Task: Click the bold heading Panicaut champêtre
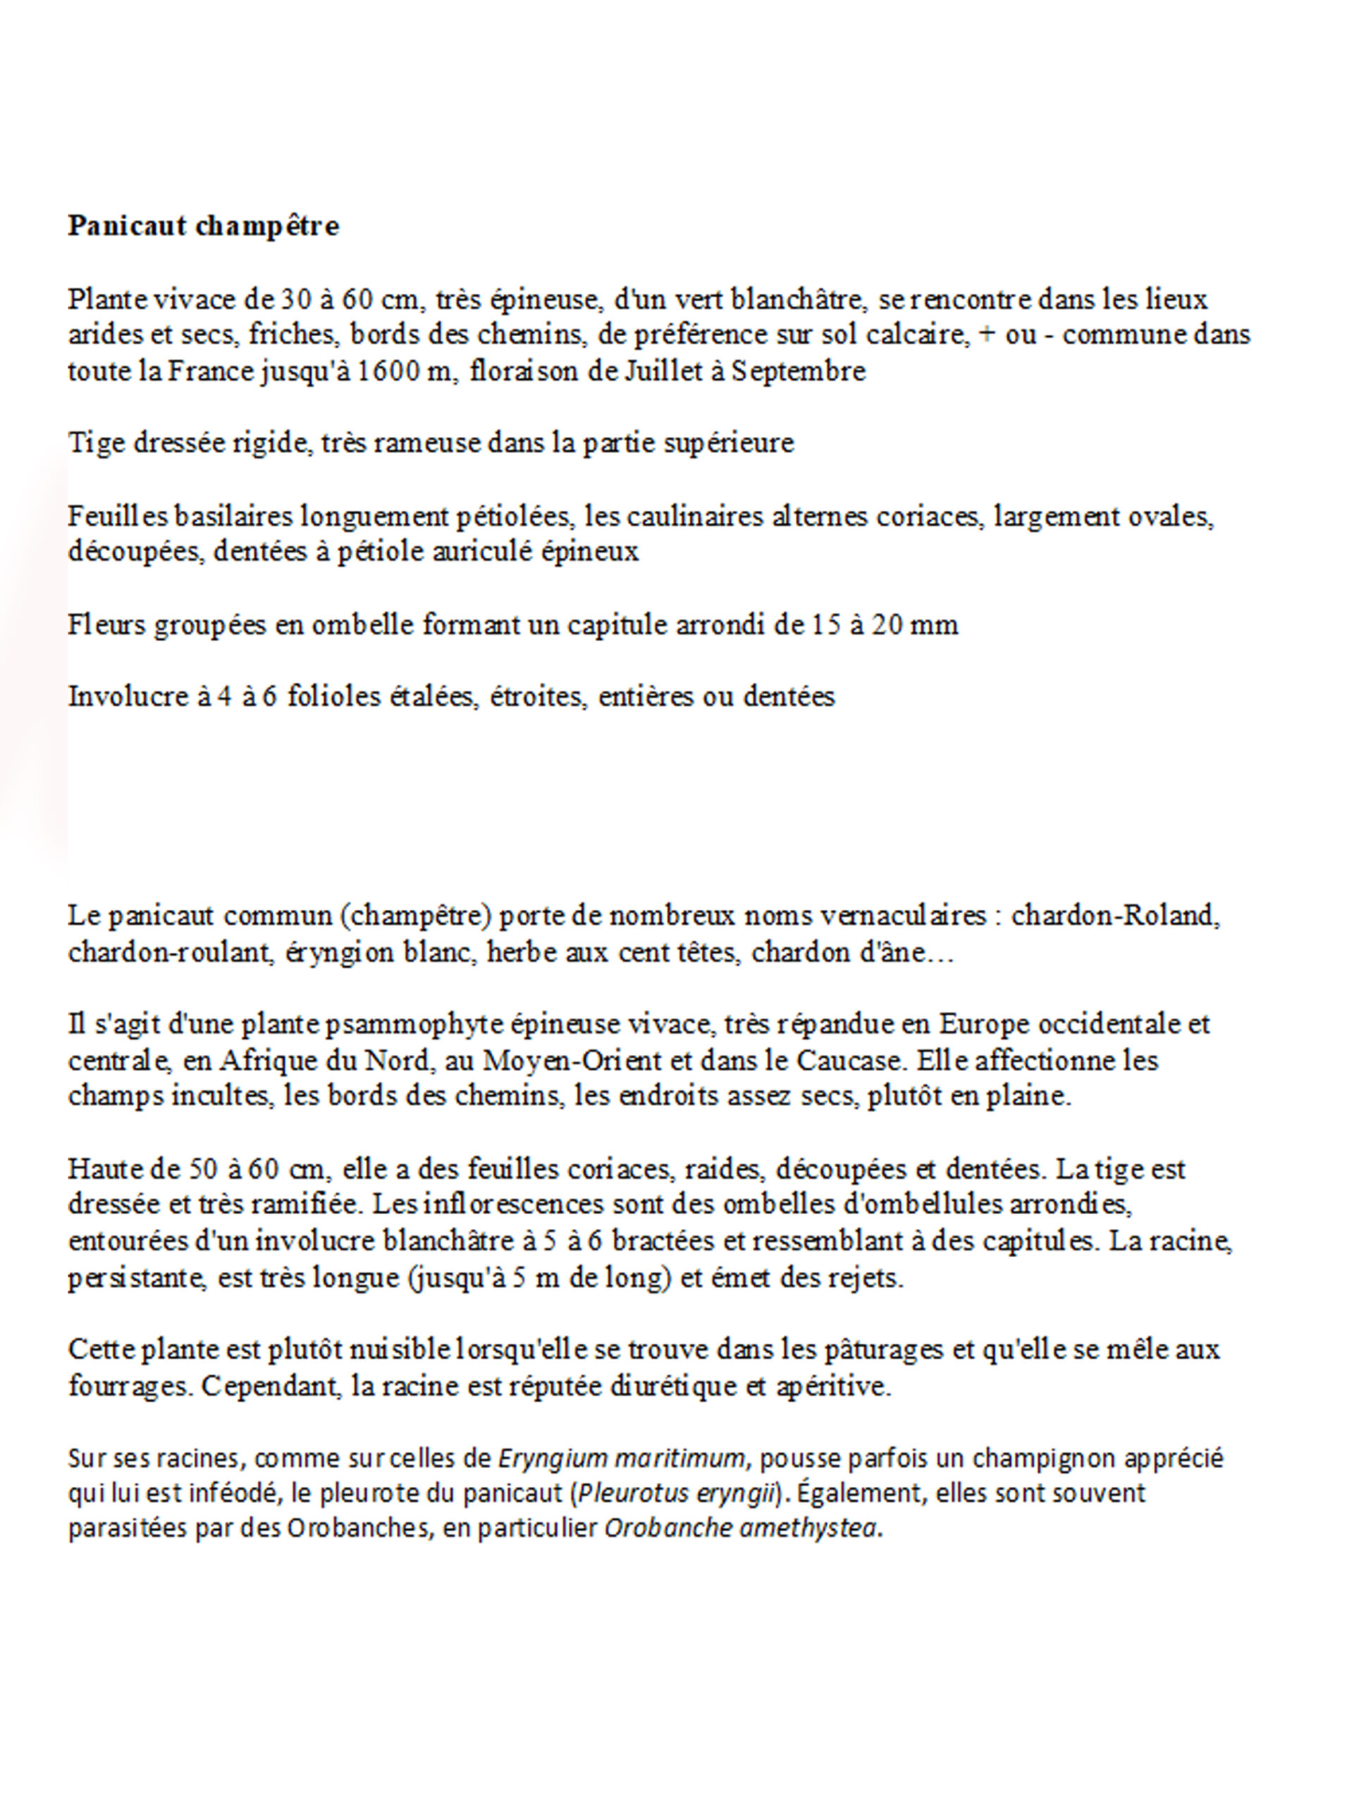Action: click(x=203, y=226)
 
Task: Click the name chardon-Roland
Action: click(x=1114, y=916)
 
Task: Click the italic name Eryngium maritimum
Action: click(x=621, y=1458)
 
